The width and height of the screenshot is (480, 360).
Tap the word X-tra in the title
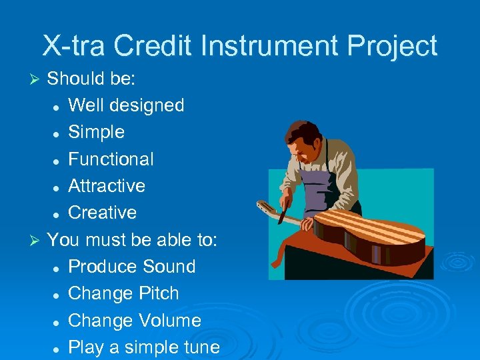coord(74,46)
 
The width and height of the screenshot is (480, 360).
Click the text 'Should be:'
coord(91,79)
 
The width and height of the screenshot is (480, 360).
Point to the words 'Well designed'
coord(126,105)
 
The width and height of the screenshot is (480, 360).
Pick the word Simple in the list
coord(96,132)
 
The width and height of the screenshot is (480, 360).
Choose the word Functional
coord(111,159)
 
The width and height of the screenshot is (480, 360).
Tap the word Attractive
coord(107,186)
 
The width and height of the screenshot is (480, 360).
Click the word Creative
coord(102,213)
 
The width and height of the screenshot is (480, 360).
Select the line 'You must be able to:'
coord(132,239)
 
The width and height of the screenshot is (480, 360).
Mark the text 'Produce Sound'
coord(132,267)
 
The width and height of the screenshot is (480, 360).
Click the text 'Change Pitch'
coord(123,293)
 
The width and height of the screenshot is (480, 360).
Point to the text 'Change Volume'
coord(135,321)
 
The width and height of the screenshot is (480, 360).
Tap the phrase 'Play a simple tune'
coord(144,347)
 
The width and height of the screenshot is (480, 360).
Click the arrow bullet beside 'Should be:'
coord(37,79)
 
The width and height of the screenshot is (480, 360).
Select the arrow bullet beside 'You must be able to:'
coord(37,240)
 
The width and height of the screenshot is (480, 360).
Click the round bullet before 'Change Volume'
coord(57,321)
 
